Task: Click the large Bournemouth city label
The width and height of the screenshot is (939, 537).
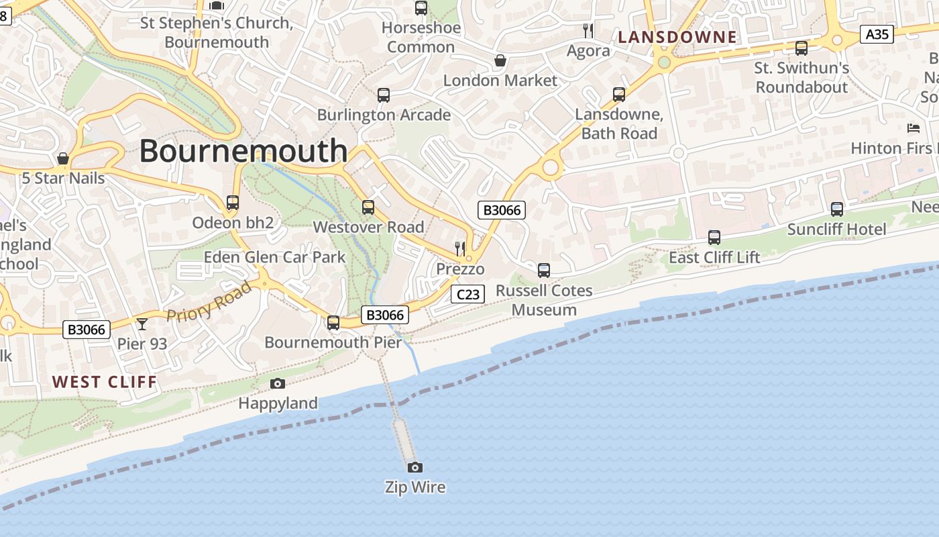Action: pos(243,150)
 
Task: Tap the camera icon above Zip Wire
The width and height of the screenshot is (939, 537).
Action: pos(415,467)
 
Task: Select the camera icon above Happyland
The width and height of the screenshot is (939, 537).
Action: pos(278,383)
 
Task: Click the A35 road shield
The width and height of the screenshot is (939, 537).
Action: pos(877,34)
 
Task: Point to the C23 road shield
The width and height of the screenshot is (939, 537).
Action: pos(467,294)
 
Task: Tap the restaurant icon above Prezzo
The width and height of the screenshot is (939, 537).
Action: pos(460,249)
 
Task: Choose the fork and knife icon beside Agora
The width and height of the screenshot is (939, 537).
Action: pos(588,31)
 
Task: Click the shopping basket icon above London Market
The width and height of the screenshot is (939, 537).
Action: pos(500,61)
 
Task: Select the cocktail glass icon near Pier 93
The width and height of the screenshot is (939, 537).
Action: pos(142,325)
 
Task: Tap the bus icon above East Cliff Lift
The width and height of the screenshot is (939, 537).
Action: pos(714,238)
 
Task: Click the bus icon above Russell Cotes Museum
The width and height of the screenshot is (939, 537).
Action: pos(544,271)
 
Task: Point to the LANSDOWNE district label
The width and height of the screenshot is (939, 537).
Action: pos(677,37)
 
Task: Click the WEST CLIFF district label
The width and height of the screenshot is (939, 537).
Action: pos(105,382)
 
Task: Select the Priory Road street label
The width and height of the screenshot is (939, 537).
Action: pos(209,301)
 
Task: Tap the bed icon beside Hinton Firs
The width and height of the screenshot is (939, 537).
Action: pos(914,128)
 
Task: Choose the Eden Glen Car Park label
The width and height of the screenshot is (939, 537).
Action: pos(275,256)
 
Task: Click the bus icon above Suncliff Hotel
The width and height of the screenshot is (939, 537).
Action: pos(836,209)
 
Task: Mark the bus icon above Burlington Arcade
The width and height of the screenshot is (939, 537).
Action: pos(384,95)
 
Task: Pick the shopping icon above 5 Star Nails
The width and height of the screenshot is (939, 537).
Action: pos(63,158)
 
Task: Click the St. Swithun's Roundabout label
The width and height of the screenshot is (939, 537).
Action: pos(802,77)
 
